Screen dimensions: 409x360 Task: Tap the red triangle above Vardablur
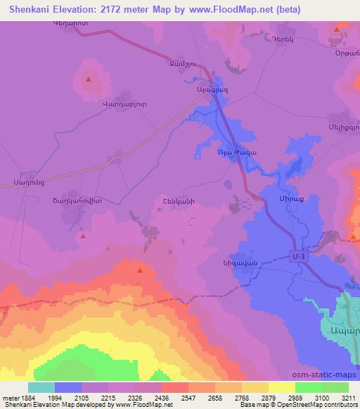(x=88, y=79)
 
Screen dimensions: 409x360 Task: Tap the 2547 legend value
(x=173, y=398)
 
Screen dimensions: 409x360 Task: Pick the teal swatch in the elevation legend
(x=41, y=387)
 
